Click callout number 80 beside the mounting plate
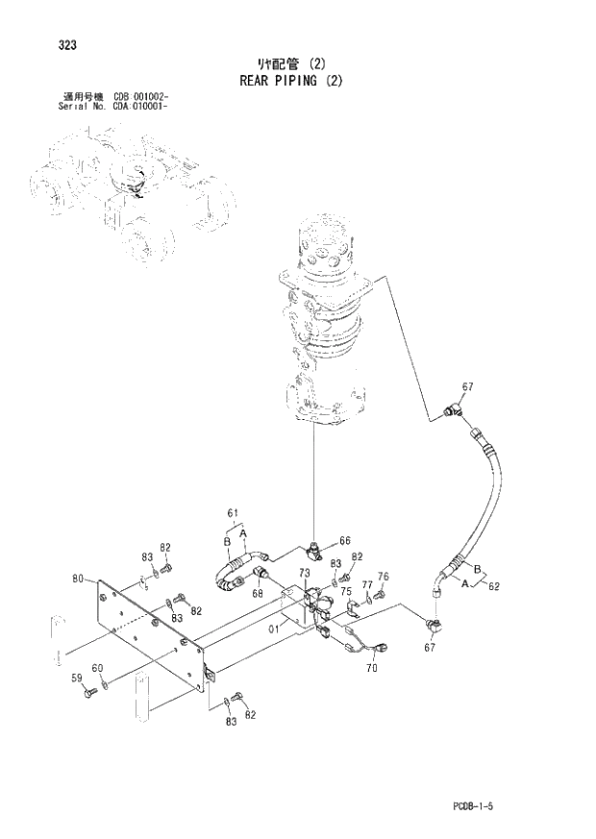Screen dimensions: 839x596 point(79,579)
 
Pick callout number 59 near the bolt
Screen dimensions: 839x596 point(78,678)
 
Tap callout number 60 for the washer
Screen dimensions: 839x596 point(98,668)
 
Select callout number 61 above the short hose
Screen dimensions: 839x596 point(232,514)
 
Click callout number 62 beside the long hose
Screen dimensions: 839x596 point(494,585)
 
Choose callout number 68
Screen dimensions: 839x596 point(258,593)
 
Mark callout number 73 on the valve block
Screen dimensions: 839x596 point(304,573)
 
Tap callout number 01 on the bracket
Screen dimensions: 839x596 point(275,629)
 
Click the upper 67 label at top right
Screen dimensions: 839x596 point(468,386)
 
